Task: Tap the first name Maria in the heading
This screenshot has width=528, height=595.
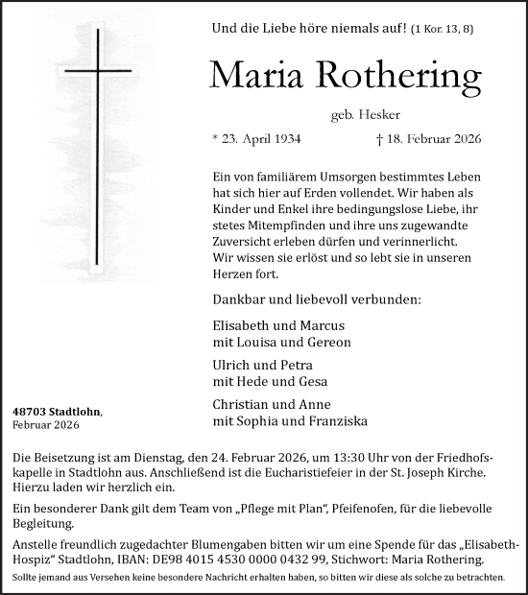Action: [252, 75]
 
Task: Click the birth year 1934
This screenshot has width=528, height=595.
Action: [283, 138]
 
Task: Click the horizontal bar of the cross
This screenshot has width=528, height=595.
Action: [98, 70]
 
